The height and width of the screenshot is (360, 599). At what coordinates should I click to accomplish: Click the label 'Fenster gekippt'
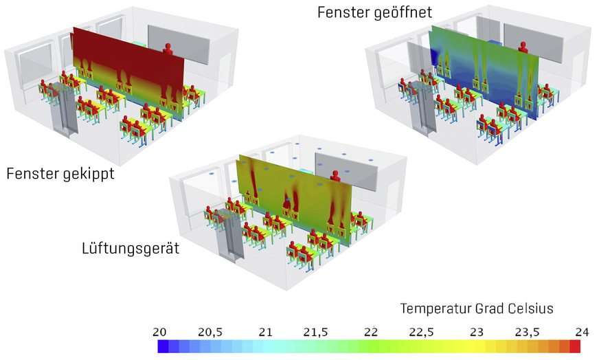click(x=60, y=175)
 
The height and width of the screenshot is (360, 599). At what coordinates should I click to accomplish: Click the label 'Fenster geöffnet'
click(x=374, y=12)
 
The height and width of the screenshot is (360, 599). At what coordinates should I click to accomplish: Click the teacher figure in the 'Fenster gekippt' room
click(x=168, y=48)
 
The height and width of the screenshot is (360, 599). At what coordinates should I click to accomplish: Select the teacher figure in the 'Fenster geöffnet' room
click(x=523, y=48)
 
